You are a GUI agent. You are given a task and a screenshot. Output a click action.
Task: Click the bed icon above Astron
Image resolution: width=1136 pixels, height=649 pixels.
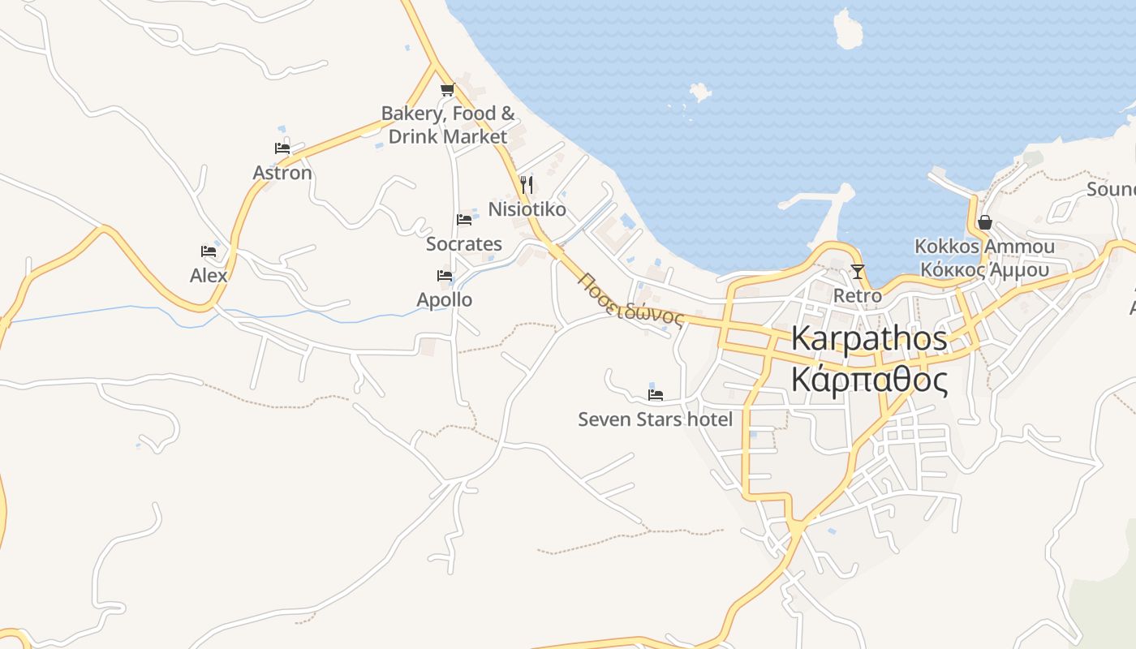click(282, 148)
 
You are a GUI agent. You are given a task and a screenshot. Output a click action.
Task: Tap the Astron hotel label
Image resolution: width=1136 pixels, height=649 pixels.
click(282, 173)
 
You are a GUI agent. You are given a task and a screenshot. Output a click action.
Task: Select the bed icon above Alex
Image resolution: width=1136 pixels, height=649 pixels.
click(209, 251)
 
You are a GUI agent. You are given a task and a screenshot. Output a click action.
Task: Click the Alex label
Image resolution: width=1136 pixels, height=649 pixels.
click(209, 276)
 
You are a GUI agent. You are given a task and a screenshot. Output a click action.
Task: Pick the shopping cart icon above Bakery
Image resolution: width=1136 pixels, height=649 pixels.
click(446, 90)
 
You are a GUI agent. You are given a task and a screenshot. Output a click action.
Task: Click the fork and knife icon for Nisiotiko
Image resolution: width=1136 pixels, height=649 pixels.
click(527, 185)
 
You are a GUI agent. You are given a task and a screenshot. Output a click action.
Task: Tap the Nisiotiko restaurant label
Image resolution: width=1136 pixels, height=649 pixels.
click(527, 209)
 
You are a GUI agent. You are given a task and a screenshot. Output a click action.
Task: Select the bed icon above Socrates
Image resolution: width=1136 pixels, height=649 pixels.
click(464, 219)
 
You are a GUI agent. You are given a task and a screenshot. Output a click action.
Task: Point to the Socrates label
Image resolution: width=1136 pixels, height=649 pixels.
click(464, 243)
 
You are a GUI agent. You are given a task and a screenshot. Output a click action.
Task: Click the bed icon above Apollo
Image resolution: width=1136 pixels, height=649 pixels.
click(445, 276)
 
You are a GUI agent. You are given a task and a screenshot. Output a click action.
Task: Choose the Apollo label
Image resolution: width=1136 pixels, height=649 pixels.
click(445, 300)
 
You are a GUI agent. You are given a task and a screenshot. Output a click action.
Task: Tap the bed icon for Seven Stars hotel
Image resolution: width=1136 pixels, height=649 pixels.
click(656, 395)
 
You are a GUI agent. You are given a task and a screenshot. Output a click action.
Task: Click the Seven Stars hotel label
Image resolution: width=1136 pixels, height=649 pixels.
click(655, 419)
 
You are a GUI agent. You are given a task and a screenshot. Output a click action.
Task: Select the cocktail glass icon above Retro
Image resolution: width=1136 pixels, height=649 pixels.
click(858, 272)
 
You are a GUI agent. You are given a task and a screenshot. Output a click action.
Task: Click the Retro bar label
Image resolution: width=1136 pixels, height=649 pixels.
click(858, 296)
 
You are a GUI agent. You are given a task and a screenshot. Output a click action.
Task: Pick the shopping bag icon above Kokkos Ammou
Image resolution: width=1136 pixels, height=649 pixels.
click(985, 222)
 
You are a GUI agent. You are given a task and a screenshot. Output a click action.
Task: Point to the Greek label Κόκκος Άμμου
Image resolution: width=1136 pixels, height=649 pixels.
click(985, 270)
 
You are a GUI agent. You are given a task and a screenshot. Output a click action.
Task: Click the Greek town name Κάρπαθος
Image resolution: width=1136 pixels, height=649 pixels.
click(869, 379)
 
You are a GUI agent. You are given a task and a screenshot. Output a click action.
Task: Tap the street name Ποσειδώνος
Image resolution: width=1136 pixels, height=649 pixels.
click(630, 299)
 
